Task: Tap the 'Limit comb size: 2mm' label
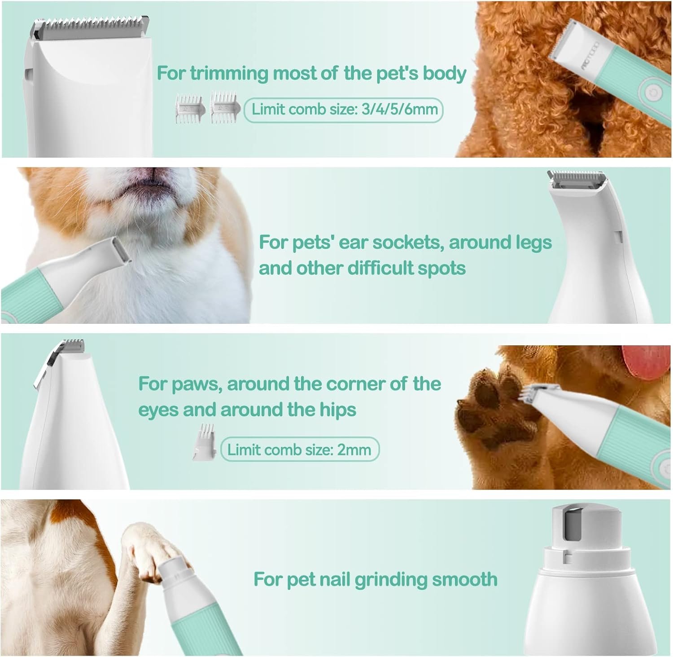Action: click(x=300, y=450)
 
